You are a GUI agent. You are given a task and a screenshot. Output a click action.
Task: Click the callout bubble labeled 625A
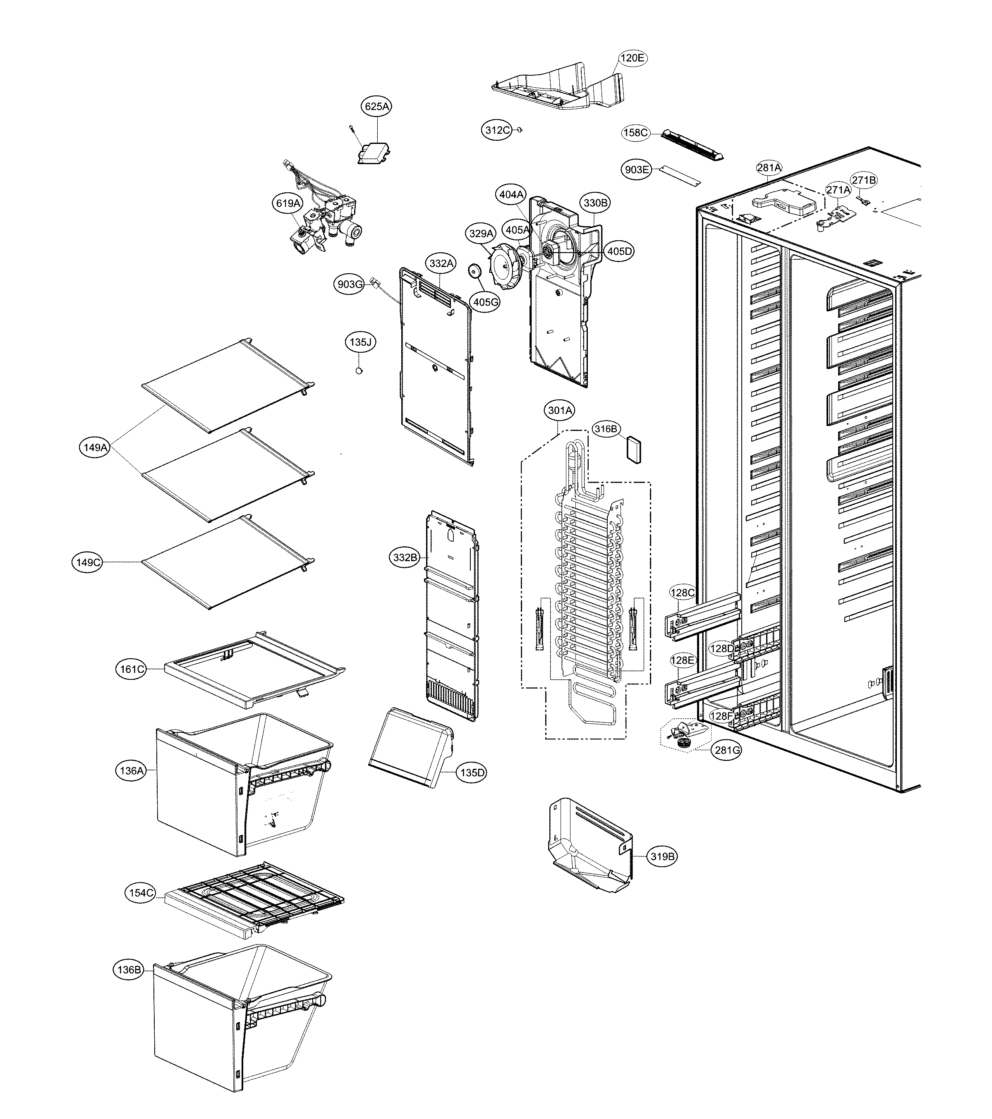377,106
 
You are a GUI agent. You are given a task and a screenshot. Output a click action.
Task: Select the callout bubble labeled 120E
633,58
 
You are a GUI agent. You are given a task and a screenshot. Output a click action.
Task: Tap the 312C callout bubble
497,130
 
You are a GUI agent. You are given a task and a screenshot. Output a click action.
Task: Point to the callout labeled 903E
637,170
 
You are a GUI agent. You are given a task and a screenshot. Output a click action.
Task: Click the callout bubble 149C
88,562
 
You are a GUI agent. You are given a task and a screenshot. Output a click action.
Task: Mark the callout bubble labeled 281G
727,750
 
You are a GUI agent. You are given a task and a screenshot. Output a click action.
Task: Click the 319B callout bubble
662,856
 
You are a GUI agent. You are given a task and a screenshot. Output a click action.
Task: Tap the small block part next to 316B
634,450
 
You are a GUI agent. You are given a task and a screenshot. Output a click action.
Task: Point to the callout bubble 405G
486,301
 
